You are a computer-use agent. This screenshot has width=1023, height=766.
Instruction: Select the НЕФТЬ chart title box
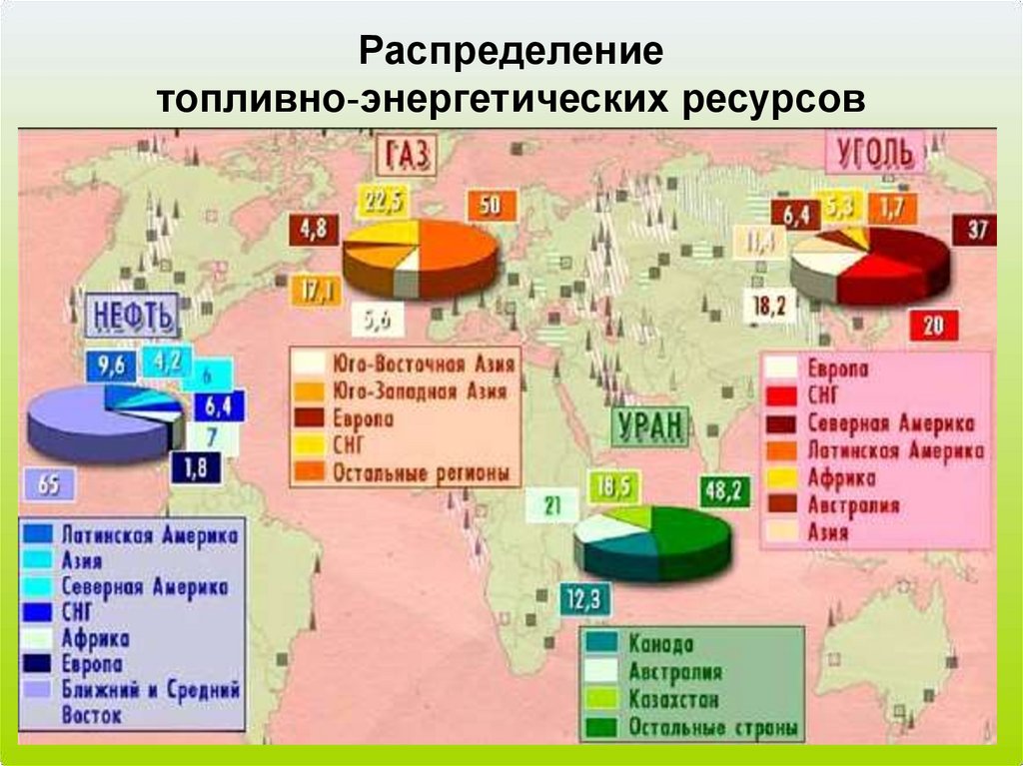click(134, 317)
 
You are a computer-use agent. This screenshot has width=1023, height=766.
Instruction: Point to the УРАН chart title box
click(648, 428)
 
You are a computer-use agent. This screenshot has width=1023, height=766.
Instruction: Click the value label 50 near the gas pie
click(492, 207)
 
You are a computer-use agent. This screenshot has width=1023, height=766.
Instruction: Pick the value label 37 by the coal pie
click(976, 231)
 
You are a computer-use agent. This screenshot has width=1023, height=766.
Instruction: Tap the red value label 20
click(933, 325)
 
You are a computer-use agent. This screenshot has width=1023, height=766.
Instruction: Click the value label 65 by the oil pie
click(49, 485)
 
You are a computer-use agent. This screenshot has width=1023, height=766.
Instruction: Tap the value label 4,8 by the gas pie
click(312, 228)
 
